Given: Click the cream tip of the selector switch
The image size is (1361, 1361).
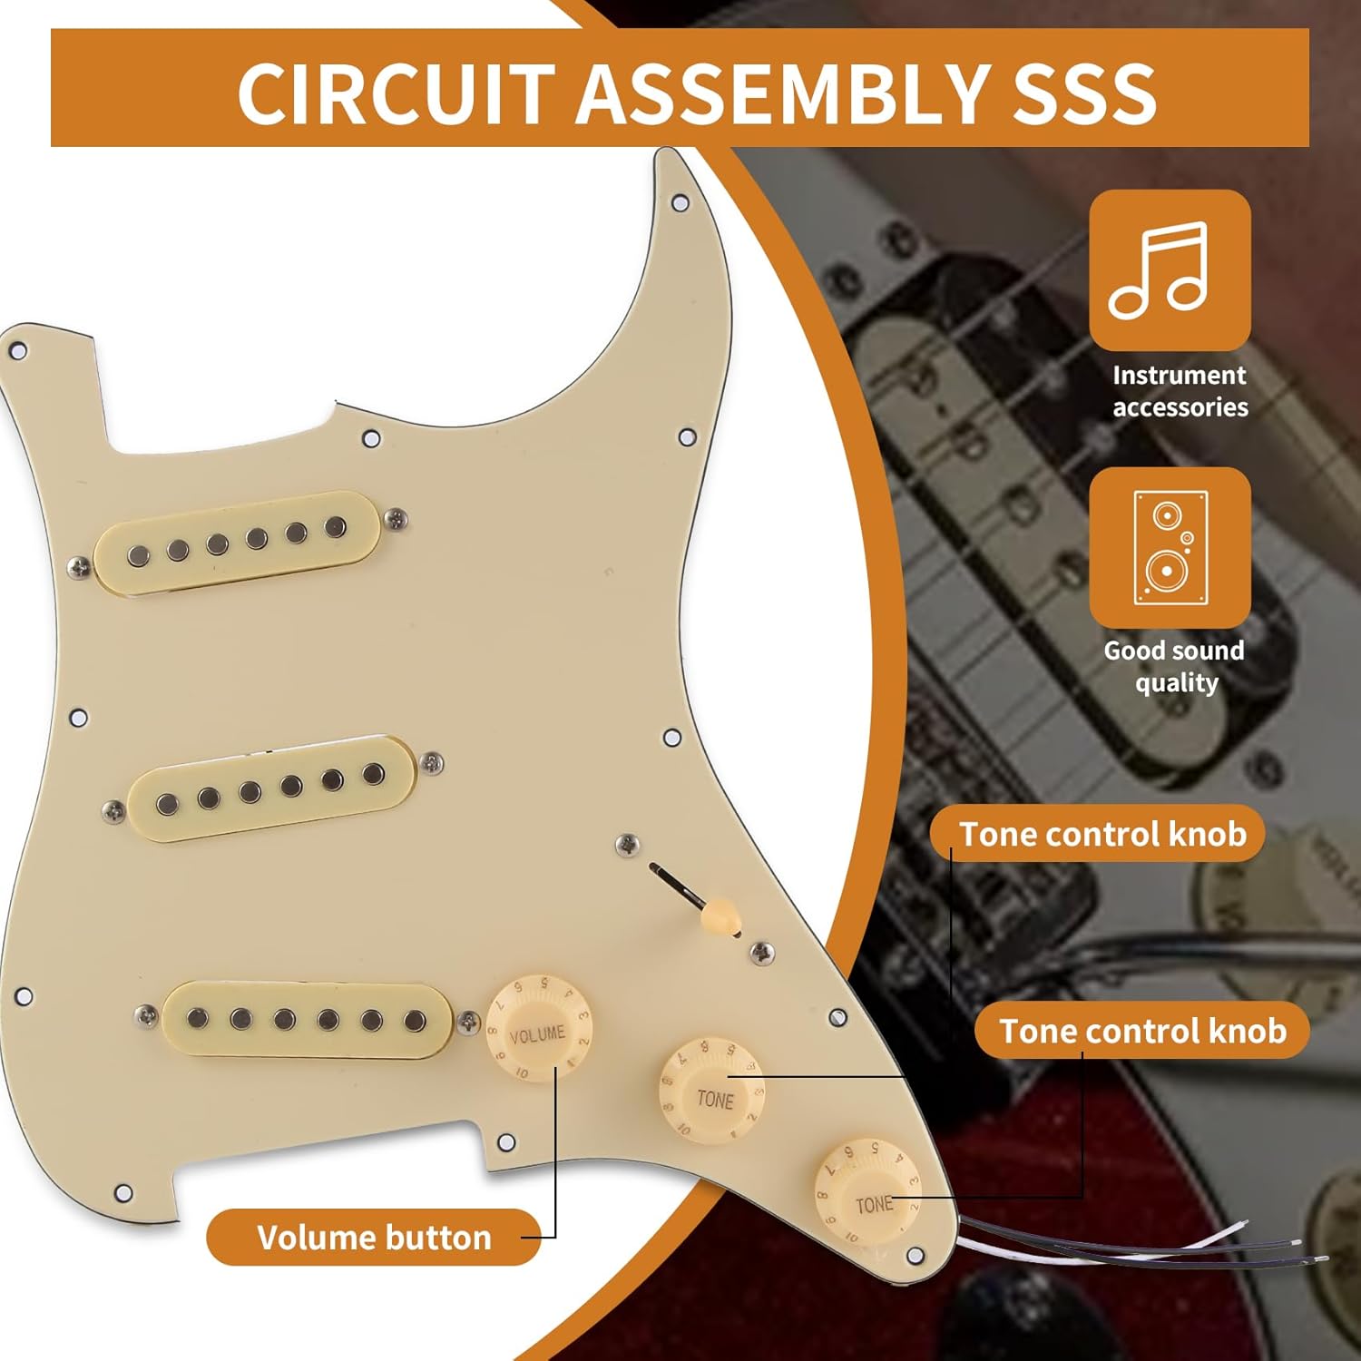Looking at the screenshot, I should coord(720,914).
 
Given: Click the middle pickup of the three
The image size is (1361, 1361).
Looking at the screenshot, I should coord(271,788).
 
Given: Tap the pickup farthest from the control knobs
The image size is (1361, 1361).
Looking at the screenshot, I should coord(237,542).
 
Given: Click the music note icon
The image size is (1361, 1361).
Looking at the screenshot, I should coord(1169,269).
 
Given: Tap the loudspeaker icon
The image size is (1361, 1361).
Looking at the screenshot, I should coord(1170,548).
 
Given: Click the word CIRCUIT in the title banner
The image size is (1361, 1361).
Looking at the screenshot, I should coord(395,93).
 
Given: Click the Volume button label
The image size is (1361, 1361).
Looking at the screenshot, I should coord(373,1238).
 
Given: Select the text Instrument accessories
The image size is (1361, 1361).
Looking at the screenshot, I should coord(1180,391).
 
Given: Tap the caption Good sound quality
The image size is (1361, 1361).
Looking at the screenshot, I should coord(1174,666).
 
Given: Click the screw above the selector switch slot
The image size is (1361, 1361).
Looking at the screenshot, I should coord(626,845).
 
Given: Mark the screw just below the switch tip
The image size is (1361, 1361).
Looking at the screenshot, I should coord(760,953).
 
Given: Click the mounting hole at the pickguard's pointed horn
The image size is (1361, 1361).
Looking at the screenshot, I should coord(680,201).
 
